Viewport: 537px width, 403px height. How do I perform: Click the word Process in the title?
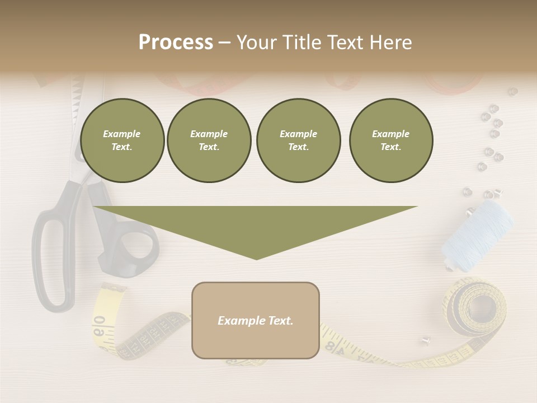(x=176, y=43)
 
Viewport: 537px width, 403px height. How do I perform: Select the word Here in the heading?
(x=389, y=43)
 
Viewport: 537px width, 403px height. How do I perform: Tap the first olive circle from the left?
(x=123, y=140)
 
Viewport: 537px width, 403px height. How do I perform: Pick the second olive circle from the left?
(x=209, y=140)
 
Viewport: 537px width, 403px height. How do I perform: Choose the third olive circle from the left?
(x=299, y=140)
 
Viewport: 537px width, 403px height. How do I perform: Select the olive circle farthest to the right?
(x=391, y=140)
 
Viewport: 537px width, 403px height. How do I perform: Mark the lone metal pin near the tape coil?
(x=426, y=339)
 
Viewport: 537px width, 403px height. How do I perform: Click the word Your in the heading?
(x=255, y=43)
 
